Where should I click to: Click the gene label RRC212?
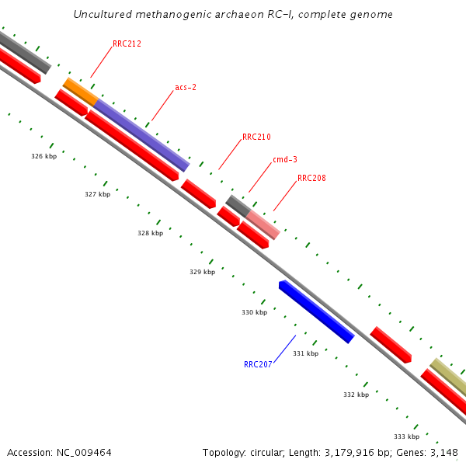coord(126,44)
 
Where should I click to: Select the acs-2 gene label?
coord(186,87)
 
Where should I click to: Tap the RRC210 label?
coord(256,137)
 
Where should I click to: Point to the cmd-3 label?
coord(284,159)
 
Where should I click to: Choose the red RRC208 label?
coord(311,178)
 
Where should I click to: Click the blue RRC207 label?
coord(258,363)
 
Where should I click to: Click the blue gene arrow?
coord(317,311)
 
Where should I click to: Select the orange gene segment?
coord(80,92)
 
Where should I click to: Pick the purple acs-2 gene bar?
coord(141,134)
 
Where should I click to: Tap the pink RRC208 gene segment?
coord(263,224)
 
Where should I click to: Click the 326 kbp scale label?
coord(43,156)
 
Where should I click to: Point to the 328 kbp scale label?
coord(150,233)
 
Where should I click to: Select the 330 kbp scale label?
coord(254,312)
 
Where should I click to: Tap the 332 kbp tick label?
coord(356,395)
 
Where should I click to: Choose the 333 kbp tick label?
coord(406,436)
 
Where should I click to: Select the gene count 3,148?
coord(443,452)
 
